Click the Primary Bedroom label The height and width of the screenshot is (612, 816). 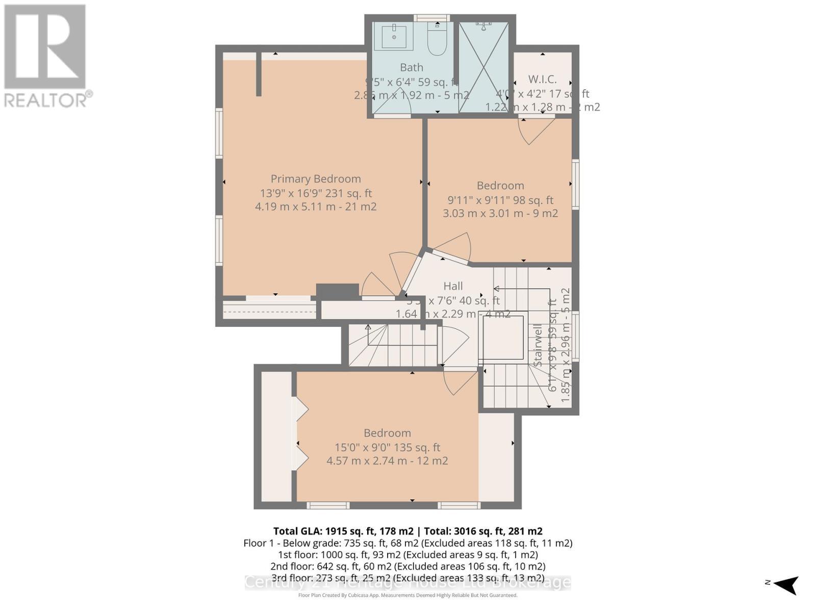(x=316, y=179)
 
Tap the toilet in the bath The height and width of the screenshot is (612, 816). (x=437, y=40)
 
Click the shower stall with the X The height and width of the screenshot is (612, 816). (x=483, y=67)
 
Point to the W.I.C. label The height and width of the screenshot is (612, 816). (x=542, y=80)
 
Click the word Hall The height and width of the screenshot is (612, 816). (x=453, y=286)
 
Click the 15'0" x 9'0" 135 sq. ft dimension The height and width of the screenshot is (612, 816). (x=387, y=447)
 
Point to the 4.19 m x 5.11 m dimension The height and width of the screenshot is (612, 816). (x=316, y=207)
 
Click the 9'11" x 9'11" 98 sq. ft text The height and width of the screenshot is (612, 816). (x=500, y=200)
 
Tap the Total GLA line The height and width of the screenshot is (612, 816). (x=407, y=531)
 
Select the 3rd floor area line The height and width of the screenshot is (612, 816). (x=407, y=578)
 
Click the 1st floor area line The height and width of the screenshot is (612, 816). (x=407, y=554)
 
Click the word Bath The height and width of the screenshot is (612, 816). (x=411, y=67)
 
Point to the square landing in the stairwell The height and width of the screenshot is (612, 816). (x=503, y=337)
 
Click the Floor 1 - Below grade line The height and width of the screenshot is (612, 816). (x=407, y=543)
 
